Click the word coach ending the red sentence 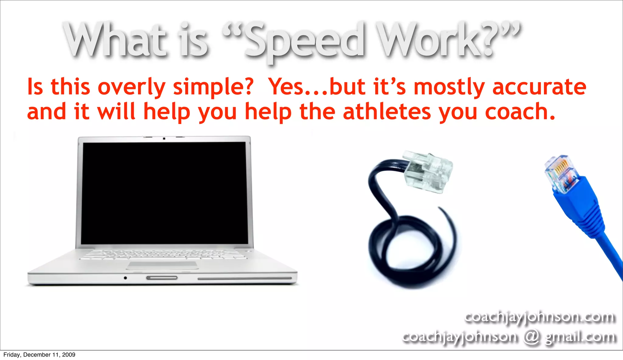(x=517, y=112)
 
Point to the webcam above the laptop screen (x=164, y=139)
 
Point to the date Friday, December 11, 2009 (x=39, y=355)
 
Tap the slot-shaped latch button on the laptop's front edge (x=162, y=278)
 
